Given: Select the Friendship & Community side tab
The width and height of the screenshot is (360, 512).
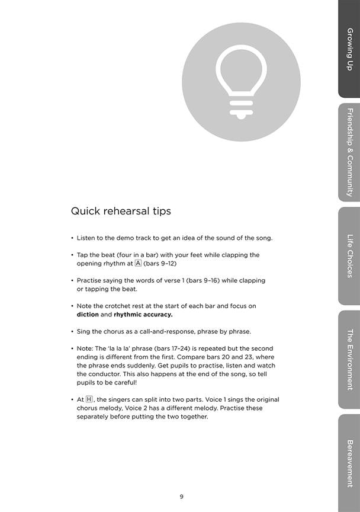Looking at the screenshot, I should (x=349, y=152).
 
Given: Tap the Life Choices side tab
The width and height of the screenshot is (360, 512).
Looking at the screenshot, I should (x=349, y=256).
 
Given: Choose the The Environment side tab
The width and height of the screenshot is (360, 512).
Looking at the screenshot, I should (x=349, y=360).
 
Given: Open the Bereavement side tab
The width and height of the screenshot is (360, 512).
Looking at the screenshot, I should (x=349, y=463).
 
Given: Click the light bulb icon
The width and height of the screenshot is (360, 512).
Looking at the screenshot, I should (x=241, y=82).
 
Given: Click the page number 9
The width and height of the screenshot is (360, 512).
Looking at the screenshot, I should (x=181, y=496).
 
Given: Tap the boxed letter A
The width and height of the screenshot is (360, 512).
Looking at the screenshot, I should (x=138, y=263).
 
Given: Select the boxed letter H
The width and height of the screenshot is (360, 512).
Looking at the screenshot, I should (x=89, y=400).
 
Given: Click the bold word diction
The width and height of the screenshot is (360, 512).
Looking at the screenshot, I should (x=88, y=315).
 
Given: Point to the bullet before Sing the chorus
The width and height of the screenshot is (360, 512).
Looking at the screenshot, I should (x=72, y=331).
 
